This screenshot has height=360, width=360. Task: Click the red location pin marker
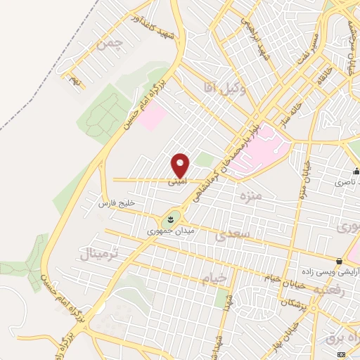(181, 165)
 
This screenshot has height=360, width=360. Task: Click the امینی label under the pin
(177, 181)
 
